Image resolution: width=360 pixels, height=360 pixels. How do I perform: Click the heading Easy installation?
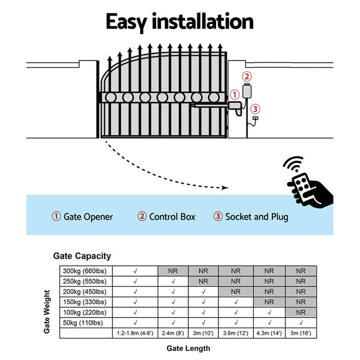click(x=179, y=22)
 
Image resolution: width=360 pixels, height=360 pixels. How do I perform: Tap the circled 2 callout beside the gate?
click(x=247, y=76)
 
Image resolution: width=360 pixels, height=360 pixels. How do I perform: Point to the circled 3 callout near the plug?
click(x=256, y=109)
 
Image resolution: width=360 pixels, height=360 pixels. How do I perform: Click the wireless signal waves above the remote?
click(x=294, y=166)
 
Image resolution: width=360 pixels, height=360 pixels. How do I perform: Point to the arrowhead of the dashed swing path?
click(x=225, y=188)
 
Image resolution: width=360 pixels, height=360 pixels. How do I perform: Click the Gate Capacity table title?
click(x=82, y=256)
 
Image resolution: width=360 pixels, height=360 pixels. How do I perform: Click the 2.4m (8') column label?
click(x=173, y=333)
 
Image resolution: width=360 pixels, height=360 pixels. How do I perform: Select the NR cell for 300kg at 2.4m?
click(x=173, y=271)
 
